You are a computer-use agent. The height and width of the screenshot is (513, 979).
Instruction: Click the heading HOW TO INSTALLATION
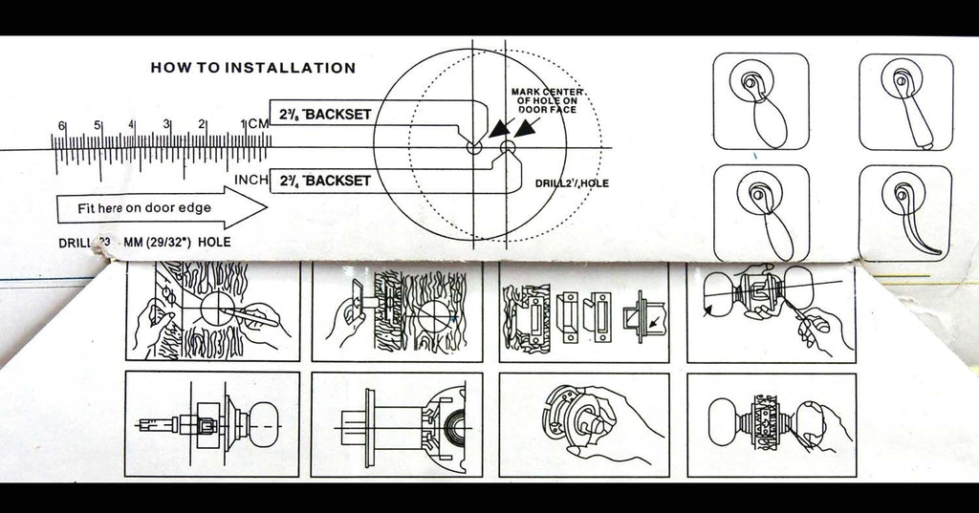(x=253, y=68)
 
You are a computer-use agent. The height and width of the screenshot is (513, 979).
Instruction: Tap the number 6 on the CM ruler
(x=61, y=126)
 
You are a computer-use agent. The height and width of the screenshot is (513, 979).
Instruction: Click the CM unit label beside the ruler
(x=259, y=125)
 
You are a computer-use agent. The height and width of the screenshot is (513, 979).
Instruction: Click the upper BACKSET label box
(x=322, y=114)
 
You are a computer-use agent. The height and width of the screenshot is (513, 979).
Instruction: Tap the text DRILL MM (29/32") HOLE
(x=143, y=242)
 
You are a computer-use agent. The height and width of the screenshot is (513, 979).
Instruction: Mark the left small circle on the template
(x=474, y=148)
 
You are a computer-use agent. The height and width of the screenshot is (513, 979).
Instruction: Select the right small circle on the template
(x=507, y=147)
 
